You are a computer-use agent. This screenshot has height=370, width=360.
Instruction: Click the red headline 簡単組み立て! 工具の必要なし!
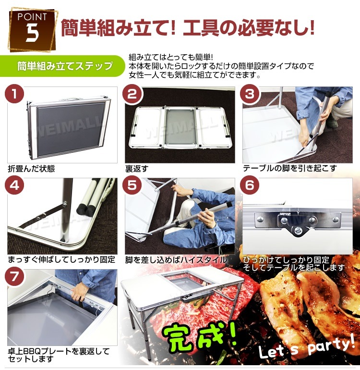pos(187,28)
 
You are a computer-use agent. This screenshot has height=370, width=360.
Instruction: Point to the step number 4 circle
pos(16,186)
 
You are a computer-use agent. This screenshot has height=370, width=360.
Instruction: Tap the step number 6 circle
pos(250,186)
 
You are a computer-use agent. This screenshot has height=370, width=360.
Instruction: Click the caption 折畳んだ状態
pos(31,169)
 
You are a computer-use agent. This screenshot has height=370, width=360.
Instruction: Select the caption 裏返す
pos(137,169)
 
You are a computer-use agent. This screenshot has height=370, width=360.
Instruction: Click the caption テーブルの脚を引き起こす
pos(289,169)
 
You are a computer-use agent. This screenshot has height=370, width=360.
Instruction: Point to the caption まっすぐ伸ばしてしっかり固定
pos(61,260)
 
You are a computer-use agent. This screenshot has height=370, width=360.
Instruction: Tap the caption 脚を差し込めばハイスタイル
pos(176,260)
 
